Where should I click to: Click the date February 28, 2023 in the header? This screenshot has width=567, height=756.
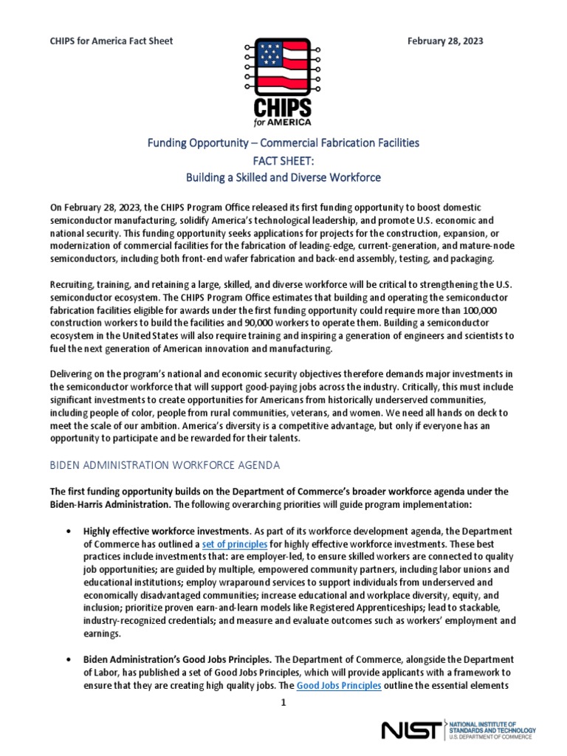click(x=445, y=41)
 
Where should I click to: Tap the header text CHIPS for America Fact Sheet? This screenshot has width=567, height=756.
click(x=111, y=41)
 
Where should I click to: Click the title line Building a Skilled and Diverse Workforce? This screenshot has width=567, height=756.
click(x=283, y=177)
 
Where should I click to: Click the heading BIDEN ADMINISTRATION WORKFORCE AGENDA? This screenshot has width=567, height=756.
click(x=165, y=466)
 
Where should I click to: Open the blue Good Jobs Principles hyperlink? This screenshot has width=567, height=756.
click(x=339, y=685)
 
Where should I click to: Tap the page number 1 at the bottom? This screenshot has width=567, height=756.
click(x=283, y=703)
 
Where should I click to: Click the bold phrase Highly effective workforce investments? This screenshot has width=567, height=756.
click(x=165, y=531)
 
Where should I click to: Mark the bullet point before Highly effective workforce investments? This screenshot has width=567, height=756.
click(x=68, y=532)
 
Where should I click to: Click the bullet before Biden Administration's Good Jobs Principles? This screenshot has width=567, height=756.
click(x=68, y=659)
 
